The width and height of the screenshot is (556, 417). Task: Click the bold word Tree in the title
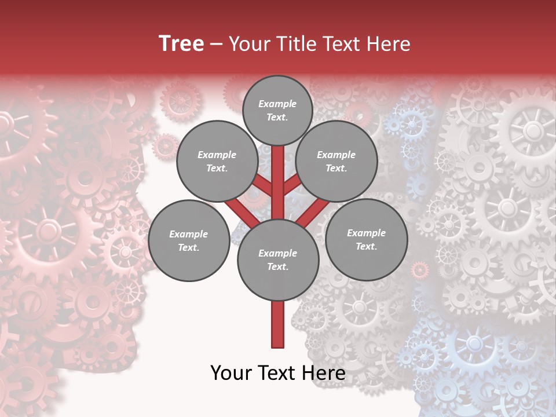tap(181, 43)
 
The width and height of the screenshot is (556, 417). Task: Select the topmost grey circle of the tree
tap(277, 110)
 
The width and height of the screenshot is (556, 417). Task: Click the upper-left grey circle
tap(217, 161)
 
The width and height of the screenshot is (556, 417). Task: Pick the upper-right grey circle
tap(336, 161)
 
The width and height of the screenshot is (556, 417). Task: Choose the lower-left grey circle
tap(189, 240)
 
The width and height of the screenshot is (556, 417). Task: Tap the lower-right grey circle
tap(366, 239)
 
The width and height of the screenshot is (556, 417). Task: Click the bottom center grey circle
tap(278, 259)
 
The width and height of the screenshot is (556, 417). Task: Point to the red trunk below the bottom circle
tap(278, 324)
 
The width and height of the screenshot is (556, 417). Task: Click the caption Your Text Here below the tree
tap(278, 373)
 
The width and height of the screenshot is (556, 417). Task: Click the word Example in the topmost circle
tap(277, 104)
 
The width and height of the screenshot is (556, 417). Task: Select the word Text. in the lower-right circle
tap(366, 246)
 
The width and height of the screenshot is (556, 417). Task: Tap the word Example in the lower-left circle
tap(188, 234)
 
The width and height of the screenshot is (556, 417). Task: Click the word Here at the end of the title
tap(391, 44)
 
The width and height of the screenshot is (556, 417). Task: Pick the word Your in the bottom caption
tap(231, 373)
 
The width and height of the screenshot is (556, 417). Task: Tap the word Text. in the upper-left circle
tap(217, 168)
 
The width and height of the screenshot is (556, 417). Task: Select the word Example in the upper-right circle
tap(336, 155)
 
